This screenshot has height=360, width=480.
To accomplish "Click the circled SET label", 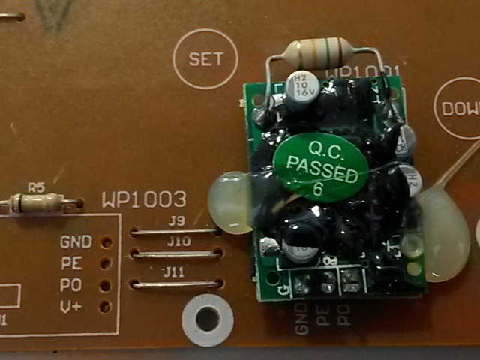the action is [205, 58].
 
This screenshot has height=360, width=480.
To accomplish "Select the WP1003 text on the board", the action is [144, 200].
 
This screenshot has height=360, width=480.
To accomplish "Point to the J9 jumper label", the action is [177, 221].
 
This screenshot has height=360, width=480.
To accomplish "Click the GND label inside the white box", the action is [75, 241].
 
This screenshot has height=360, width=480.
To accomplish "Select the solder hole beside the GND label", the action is [106, 242].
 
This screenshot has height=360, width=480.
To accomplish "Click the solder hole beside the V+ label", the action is [105, 306].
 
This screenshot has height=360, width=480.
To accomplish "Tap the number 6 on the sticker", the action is [318, 189].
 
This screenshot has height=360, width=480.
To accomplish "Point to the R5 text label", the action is [36, 186].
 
